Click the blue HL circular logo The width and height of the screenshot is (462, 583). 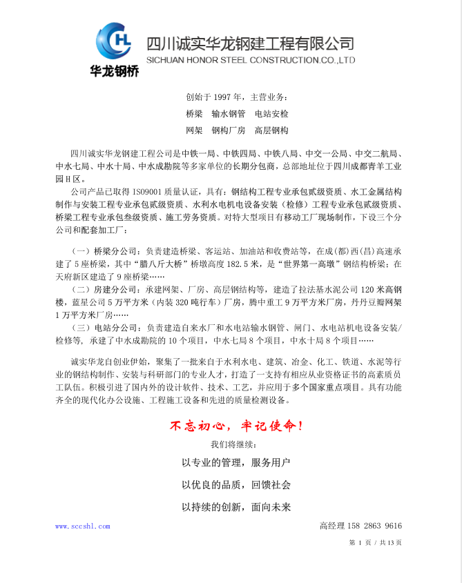click(x=115, y=41)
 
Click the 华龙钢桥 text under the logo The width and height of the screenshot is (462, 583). click(x=115, y=70)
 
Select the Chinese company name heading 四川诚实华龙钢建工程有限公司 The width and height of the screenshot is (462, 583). click(x=250, y=43)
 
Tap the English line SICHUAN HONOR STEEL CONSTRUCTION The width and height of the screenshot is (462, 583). click(x=251, y=60)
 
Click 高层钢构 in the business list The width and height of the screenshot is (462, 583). click(x=271, y=130)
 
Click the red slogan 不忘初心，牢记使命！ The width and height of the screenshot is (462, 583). click(x=235, y=426)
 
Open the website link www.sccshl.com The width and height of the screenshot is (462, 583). click(x=82, y=526)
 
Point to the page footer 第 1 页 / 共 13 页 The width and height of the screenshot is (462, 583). click(x=375, y=543)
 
